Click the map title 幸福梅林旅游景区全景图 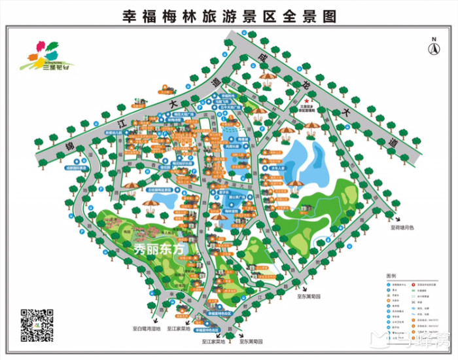[x=228, y=15]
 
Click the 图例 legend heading [x=391, y=276]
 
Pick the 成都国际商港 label [x=58, y=168]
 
